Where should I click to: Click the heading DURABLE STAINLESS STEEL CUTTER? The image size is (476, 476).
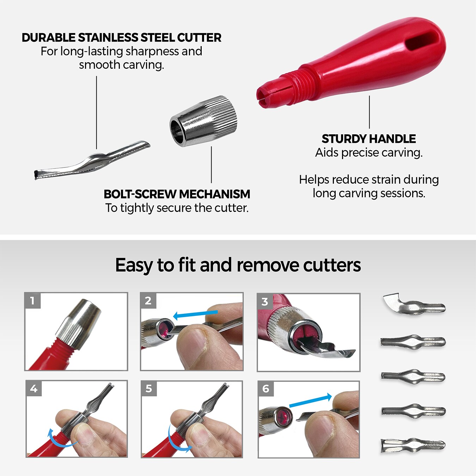click(122, 37)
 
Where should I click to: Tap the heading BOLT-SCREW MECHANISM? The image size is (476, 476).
click(177, 194)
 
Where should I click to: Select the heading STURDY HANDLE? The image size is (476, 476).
click(369, 139)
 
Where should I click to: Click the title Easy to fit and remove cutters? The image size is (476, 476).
click(238, 265)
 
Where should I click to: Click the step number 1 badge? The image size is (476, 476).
click(32, 300)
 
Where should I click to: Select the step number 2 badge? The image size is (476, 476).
click(148, 300)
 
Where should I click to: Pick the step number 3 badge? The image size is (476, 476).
click(265, 301)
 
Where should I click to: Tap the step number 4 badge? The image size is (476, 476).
click(33, 389)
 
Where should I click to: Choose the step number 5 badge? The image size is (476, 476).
click(149, 389)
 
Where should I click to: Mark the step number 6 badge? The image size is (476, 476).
click(266, 389)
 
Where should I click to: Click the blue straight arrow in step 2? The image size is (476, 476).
click(195, 314)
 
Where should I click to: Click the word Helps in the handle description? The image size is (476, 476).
click(314, 180)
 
